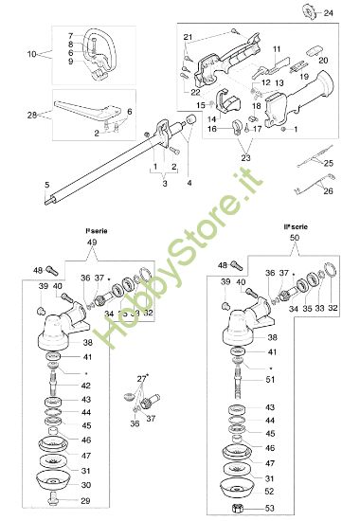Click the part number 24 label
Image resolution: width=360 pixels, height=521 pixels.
point(329,13)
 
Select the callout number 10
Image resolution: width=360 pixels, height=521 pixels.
point(31,53)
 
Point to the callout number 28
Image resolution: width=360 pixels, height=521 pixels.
point(31,115)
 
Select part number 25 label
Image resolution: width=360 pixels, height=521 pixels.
point(328,163)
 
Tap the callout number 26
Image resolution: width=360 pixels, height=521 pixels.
point(328,190)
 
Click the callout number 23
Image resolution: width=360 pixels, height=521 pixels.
point(246,157)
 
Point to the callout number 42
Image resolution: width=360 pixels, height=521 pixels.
point(85,386)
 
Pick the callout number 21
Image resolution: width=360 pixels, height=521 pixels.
point(189,36)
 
